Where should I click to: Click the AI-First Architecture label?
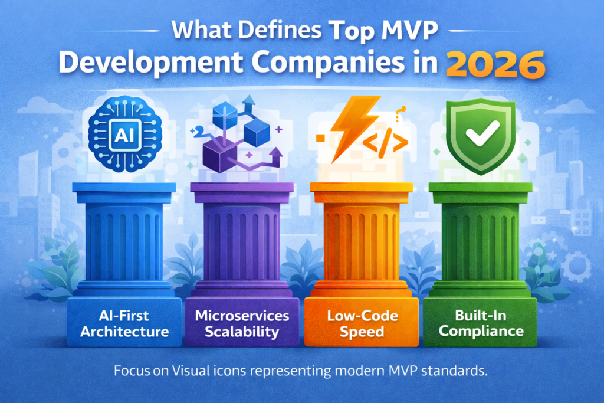pyautogui.click(x=124, y=323)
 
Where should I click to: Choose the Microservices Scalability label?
pyautogui.click(x=242, y=323)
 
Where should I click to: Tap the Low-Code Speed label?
pyautogui.click(x=361, y=323)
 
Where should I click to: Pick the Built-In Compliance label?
pyautogui.click(x=481, y=323)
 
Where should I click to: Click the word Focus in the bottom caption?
pyautogui.click(x=131, y=372)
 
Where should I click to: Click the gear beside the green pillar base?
pyautogui.click(x=575, y=266)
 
